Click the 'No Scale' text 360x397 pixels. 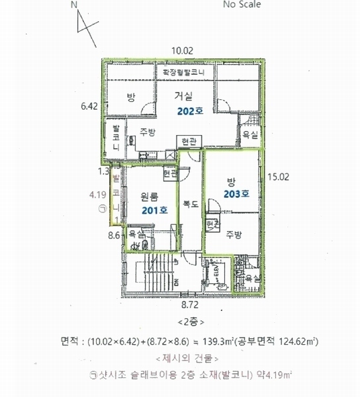[242, 5]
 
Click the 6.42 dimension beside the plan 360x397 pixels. [89, 105]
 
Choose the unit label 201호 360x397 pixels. [153, 209]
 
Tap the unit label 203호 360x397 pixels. [235, 194]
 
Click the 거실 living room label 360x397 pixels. [175, 97]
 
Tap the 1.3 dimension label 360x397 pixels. [103, 171]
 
